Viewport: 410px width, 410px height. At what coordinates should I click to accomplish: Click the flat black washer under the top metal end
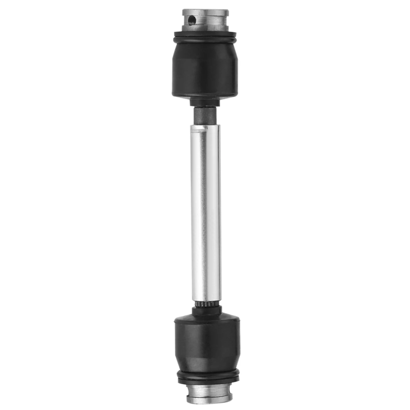(205, 34)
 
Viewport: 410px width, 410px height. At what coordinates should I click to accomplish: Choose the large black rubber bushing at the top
(205, 69)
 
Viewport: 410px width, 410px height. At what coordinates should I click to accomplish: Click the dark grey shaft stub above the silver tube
(205, 115)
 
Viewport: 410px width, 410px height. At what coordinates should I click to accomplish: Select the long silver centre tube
(205, 213)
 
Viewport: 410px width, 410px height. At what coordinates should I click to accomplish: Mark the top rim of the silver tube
(205, 125)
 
